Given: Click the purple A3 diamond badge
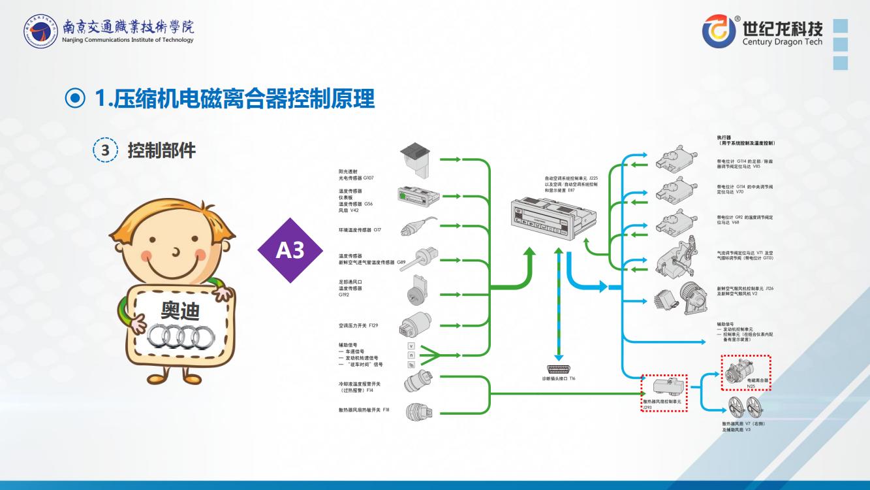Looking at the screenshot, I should (290, 250).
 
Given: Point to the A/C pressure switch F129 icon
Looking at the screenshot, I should (416, 324).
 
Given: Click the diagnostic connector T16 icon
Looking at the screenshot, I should (559, 369).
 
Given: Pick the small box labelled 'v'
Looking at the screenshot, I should (411, 346).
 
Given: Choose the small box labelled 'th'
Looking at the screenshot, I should (411, 365).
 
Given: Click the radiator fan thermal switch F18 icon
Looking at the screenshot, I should (417, 412).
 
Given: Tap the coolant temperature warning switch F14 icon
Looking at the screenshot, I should (418, 380).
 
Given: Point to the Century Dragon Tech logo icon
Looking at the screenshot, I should (719, 31).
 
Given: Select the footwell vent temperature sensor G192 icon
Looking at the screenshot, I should (416, 287).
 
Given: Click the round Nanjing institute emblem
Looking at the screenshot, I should (40, 31).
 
